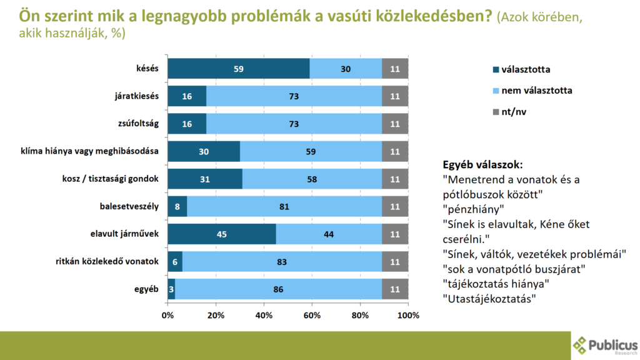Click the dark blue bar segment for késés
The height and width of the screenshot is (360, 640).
(x=239, y=69)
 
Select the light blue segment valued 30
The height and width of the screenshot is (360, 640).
(x=346, y=69)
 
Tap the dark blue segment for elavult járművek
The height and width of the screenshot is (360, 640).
(x=222, y=234)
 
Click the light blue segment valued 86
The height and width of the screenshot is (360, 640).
(x=278, y=289)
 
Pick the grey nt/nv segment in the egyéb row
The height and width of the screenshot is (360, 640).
(x=395, y=289)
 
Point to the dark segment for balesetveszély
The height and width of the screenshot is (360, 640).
(x=177, y=207)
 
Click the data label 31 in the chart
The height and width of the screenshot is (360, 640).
(x=205, y=179)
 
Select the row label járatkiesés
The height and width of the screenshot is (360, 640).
(x=134, y=96)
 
